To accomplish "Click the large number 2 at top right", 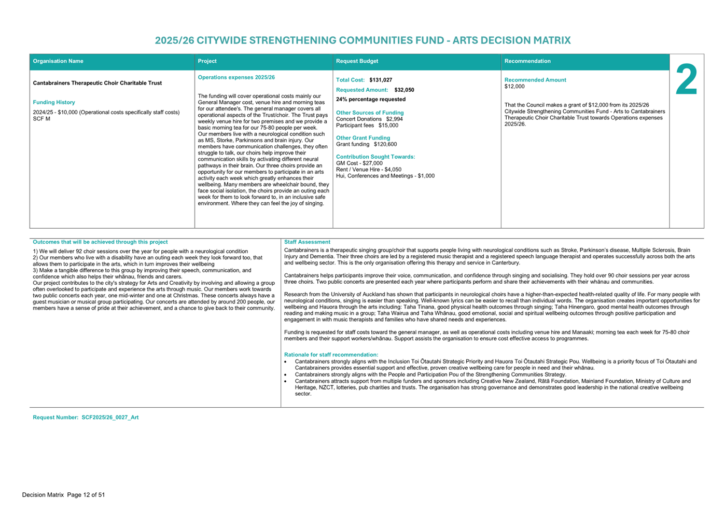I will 686,80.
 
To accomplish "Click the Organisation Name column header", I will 58,61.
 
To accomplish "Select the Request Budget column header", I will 357,61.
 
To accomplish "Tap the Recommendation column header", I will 527,61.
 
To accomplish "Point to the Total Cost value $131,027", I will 381,80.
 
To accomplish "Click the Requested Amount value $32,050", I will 404,90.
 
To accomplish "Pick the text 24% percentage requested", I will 371,99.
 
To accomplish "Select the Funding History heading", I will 54,102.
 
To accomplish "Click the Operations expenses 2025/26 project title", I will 236,77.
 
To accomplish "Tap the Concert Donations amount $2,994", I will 394,119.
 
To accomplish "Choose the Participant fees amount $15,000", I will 388,125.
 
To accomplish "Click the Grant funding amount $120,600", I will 385,144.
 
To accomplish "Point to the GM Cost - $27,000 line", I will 359,163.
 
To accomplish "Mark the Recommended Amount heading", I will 535,80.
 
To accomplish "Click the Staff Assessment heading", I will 307,242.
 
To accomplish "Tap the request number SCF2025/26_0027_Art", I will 110,417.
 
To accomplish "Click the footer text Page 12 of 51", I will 86,495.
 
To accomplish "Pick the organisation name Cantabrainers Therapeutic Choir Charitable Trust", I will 97,83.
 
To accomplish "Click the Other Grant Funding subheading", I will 363,138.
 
